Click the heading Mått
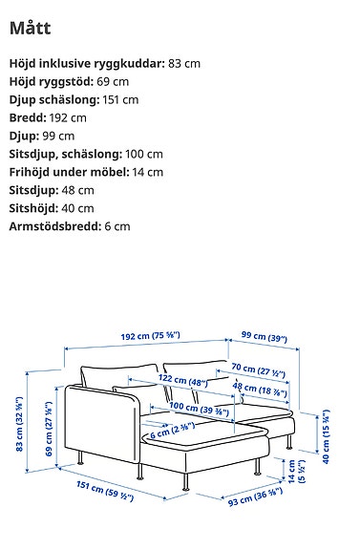32,28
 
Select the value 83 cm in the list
185,62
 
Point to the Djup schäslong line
74,99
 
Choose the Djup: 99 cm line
41,136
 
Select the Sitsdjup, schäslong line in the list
86,154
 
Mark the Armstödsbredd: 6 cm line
70,226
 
